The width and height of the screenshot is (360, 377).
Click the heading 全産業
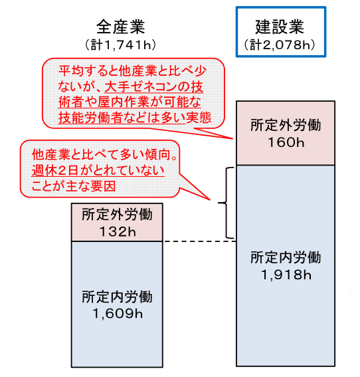[x=121, y=27]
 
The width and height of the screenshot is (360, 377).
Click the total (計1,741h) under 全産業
[x=121, y=45]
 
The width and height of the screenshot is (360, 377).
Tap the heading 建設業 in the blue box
[x=280, y=27]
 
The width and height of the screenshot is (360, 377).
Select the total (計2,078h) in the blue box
[x=280, y=45]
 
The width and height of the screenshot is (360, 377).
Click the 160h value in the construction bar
[x=286, y=142]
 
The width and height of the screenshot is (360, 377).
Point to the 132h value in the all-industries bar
[x=118, y=232]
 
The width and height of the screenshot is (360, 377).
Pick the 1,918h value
[x=286, y=275]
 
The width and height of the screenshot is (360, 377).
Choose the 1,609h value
[x=118, y=314]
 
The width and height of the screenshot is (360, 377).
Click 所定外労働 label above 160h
[x=286, y=125]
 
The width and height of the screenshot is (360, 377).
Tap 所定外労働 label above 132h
[x=118, y=215]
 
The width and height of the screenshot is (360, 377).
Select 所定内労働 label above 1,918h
[x=286, y=257]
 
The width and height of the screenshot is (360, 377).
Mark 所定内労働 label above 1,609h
[x=118, y=297]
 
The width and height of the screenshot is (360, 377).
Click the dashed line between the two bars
[x=199, y=241]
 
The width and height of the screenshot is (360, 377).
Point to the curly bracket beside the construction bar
[x=226, y=203]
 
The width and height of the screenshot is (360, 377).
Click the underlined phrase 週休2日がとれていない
[x=98, y=170]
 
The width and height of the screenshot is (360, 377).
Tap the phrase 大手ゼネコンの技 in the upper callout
[x=154, y=86]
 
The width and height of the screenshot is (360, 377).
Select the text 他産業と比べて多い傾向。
[x=105, y=155]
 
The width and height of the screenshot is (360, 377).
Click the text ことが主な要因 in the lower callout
[x=74, y=186]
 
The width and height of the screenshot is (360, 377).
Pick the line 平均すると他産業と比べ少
[x=132, y=71]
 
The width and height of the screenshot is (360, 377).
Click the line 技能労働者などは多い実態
[x=135, y=118]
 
